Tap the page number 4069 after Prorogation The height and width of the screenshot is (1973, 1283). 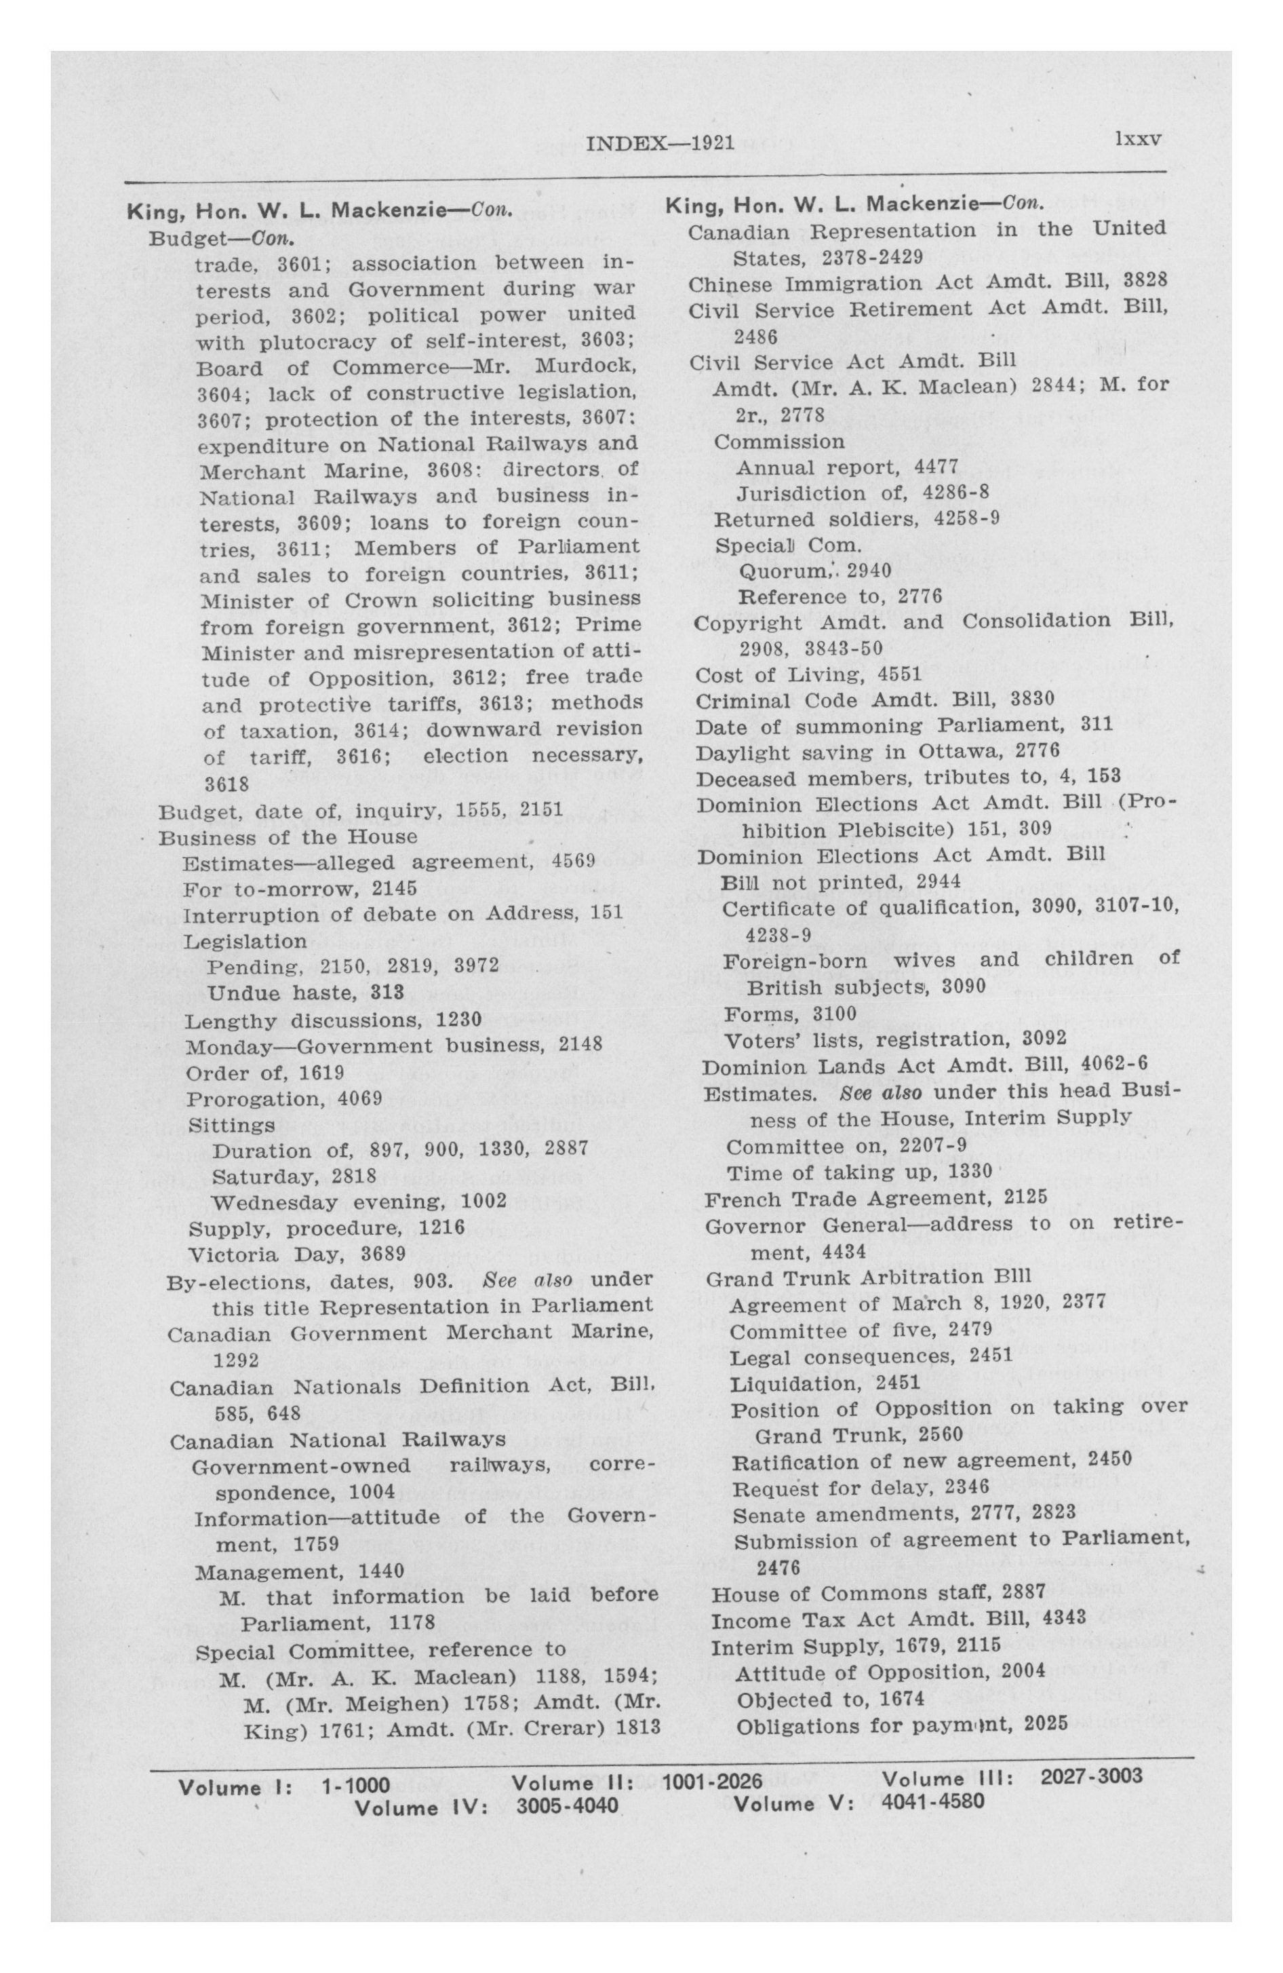[x=359, y=1100]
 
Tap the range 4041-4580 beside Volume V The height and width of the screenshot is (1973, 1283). [x=932, y=1802]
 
